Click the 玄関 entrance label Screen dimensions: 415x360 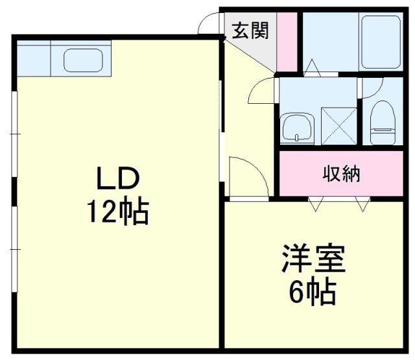point(250,30)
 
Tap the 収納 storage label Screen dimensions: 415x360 point(342,174)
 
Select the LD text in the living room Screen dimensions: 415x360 point(118,178)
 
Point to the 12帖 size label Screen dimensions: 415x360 point(118,211)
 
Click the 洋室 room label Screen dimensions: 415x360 point(314,258)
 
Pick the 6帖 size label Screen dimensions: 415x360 point(313,291)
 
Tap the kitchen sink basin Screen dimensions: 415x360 point(83,60)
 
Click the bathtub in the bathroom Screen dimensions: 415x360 point(381,42)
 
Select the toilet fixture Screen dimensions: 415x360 point(383,123)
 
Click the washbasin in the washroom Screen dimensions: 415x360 point(297,128)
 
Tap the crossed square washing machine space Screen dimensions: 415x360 point(338,126)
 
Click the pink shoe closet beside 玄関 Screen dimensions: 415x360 point(287,42)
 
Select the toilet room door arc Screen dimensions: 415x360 point(376,92)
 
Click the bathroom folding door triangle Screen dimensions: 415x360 point(313,68)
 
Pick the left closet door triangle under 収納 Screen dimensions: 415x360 point(316,204)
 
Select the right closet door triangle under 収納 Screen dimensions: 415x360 point(362,204)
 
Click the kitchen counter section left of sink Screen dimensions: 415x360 point(34,58)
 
